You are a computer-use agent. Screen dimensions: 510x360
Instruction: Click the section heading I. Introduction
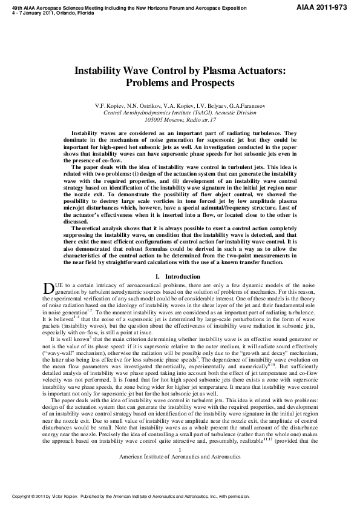click(x=179, y=276)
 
